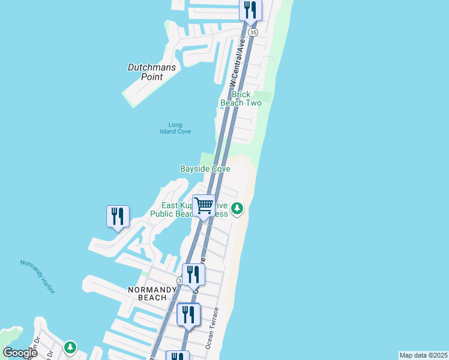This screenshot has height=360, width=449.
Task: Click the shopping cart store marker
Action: click(x=204, y=206)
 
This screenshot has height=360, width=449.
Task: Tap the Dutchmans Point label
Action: click(x=152, y=72)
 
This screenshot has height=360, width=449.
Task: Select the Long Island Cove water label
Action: click(x=175, y=128)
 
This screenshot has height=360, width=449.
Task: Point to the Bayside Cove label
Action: click(x=205, y=169)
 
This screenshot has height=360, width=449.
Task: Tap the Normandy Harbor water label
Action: click(x=38, y=277)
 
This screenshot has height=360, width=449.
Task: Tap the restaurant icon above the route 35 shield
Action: click(x=250, y=10)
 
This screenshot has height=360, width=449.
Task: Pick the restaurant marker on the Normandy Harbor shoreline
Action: click(x=117, y=217)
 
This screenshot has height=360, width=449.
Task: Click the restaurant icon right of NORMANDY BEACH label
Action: click(x=193, y=275)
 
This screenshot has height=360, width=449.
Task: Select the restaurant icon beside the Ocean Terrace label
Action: click(x=189, y=314)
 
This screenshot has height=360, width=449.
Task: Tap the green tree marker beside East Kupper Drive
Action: click(x=238, y=208)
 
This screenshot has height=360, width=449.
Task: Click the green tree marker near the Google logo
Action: click(x=70, y=347)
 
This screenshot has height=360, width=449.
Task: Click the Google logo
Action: click(x=20, y=353)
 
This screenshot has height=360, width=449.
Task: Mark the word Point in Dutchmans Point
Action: click(x=152, y=77)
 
